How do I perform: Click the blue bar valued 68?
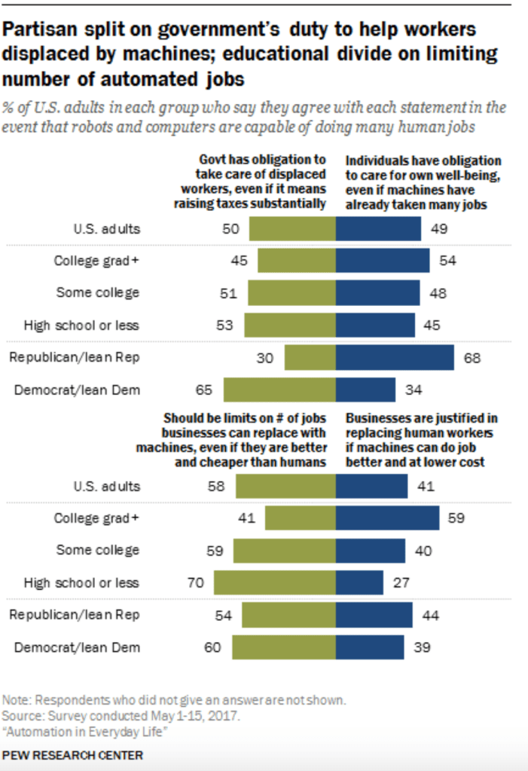395,357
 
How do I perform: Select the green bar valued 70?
275,583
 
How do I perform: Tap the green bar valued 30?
310,357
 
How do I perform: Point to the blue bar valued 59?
387,518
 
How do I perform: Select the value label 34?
413,390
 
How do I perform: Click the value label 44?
430,614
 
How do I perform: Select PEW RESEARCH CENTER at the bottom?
72,754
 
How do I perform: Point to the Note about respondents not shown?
174,699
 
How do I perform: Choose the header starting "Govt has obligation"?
262,182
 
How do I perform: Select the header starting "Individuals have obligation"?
423,182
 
